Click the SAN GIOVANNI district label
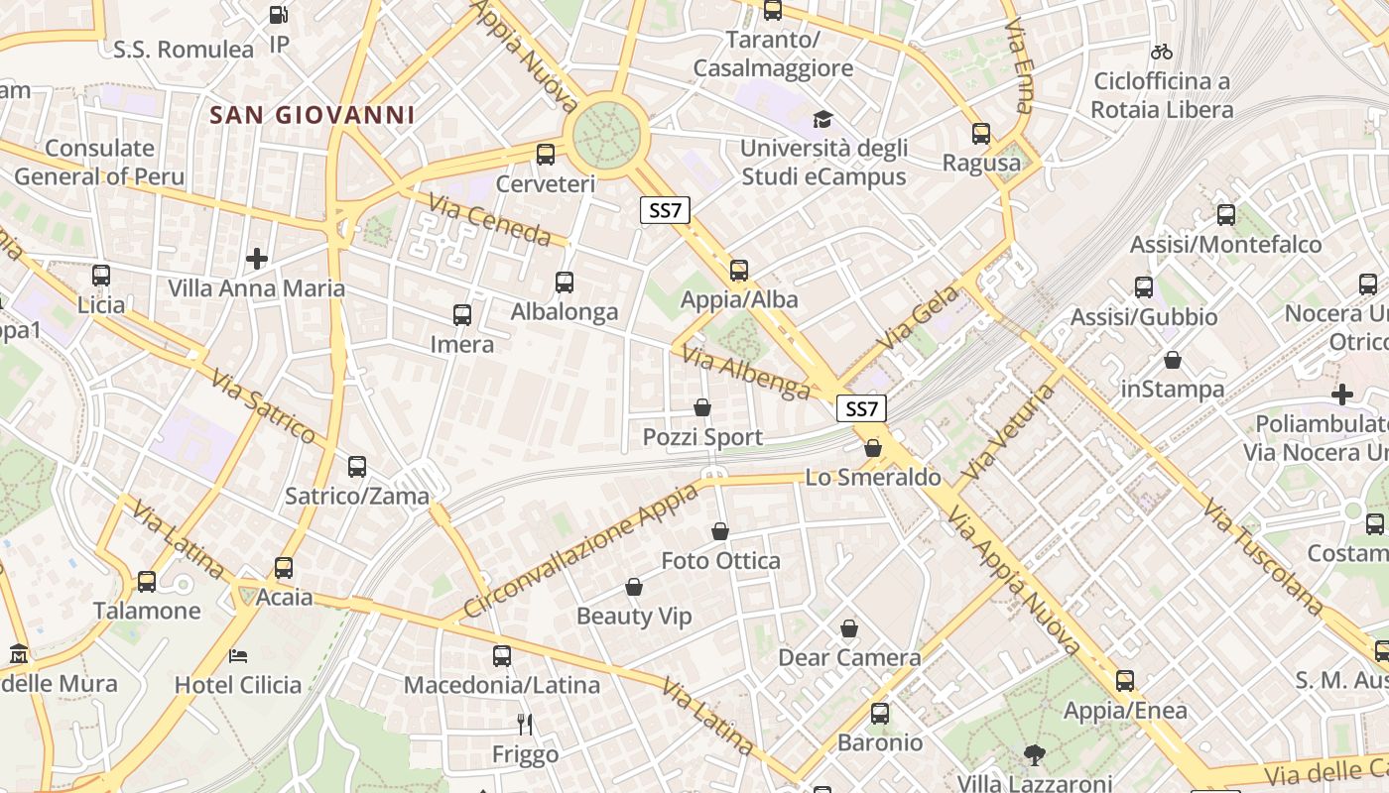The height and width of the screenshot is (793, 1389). pos(312,115)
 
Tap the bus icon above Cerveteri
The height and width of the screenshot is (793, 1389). pos(545,154)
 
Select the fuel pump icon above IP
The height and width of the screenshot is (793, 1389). pos(279,15)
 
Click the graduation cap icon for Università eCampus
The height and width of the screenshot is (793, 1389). pos(822,120)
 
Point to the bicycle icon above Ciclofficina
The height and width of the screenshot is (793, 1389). pos(1162,51)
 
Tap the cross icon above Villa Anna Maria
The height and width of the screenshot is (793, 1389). pos(257,259)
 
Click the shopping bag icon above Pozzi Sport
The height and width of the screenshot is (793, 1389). pos(702,407)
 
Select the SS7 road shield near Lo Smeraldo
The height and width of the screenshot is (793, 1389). pos(861,408)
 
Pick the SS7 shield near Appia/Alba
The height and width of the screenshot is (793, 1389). pos(664,210)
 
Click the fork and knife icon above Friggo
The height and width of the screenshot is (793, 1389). pos(525,725)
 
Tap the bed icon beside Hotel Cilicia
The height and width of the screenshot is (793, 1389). pos(238,655)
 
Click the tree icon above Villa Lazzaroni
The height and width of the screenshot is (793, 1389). pos(1034,754)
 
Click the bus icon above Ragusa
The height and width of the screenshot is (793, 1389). pos(981,133)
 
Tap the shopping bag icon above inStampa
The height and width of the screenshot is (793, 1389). pos(1173,360)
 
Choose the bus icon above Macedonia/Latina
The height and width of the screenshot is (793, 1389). pos(502,655)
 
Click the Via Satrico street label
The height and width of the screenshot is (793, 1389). pos(263,405)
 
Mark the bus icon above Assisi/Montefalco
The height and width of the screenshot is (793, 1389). pos(1225,214)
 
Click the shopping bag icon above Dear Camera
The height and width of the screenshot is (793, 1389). pos(849,628)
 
